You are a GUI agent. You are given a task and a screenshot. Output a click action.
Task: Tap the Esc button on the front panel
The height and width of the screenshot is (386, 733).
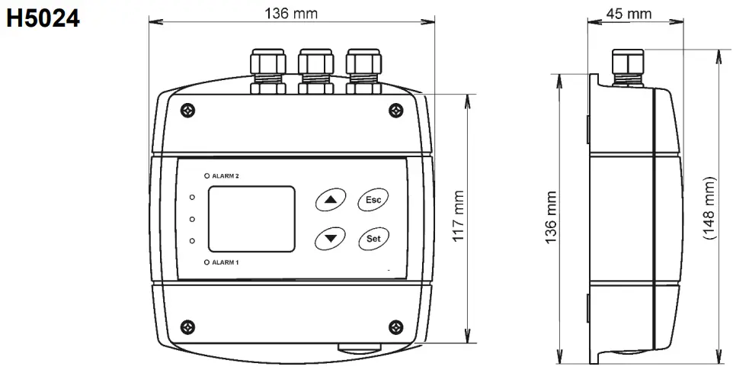(x=373, y=199)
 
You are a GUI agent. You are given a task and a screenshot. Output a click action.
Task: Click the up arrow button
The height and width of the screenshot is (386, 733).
(x=330, y=199)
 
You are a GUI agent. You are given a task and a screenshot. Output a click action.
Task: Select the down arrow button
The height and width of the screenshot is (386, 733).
(x=330, y=238)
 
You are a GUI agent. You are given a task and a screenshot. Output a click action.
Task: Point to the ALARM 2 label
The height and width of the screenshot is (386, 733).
(x=226, y=175)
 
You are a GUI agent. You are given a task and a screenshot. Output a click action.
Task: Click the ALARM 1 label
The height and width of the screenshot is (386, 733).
(x=226, y=262)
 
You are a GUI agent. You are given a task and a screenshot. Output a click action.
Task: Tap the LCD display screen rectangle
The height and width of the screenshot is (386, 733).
(x=251, y=218)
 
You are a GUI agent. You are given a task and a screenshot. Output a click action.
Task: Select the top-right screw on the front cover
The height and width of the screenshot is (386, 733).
(x=395, y=111)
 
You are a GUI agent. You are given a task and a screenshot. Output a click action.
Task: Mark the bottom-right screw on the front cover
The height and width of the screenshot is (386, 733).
(x=395, y=327)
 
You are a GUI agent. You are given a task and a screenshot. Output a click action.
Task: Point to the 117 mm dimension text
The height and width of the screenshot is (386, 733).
(x=459, y=217)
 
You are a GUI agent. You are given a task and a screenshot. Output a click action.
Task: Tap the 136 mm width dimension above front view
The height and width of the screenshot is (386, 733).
(x=291, y=14)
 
